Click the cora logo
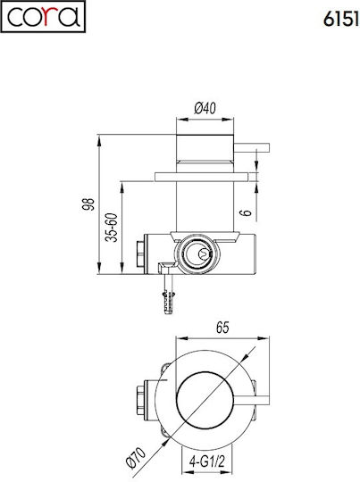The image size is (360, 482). click(43, 17)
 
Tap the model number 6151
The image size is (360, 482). click(341, 20)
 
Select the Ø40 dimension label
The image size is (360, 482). click(205, 108)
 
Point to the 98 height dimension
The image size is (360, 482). click(88, 204)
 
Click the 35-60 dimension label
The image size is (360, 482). click(112, 228)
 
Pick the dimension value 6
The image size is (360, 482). click(246, 212)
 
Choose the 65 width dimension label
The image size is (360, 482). click(222, 328)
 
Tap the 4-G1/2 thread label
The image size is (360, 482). click(207, 461)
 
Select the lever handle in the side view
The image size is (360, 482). click(252, 147)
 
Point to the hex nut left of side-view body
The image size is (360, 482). click(140, 253)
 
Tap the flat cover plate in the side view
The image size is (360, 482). click(201, 177)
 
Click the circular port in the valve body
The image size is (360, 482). click(197, 253)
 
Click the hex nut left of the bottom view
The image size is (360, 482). click(140, 400)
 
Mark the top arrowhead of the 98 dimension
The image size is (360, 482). click(99, 142)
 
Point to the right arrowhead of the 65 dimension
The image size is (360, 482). click(263, 338)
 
